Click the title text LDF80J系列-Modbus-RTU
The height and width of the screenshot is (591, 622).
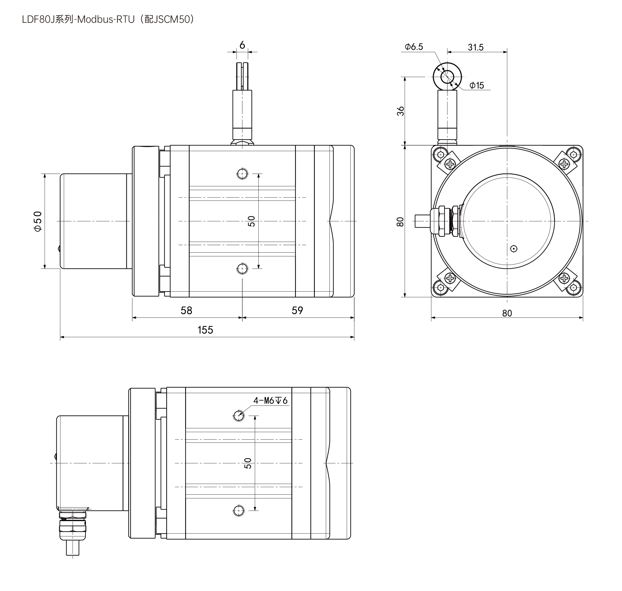[x=78, y=19]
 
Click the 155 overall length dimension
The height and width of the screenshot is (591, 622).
[x=205, y=330]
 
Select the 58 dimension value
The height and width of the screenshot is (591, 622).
[x=187, y=311]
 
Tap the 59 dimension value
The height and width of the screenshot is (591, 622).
[x=297, y=311]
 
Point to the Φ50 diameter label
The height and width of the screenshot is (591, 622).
[x=38, y=221]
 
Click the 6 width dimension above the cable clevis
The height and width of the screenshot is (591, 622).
[x=242, y=45]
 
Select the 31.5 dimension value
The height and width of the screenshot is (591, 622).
[x=475, y=47]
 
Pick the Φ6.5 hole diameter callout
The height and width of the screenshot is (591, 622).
[x=414, y=47]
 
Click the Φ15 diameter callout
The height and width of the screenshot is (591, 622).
[x=477, y=85]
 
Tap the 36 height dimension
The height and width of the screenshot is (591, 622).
[x=400, y=111]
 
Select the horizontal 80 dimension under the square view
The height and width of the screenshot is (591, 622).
[x=507, y=313]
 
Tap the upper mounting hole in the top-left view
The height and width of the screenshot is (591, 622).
[x=242, y=174]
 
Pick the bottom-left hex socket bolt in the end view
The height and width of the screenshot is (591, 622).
[x=441, y=288]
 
